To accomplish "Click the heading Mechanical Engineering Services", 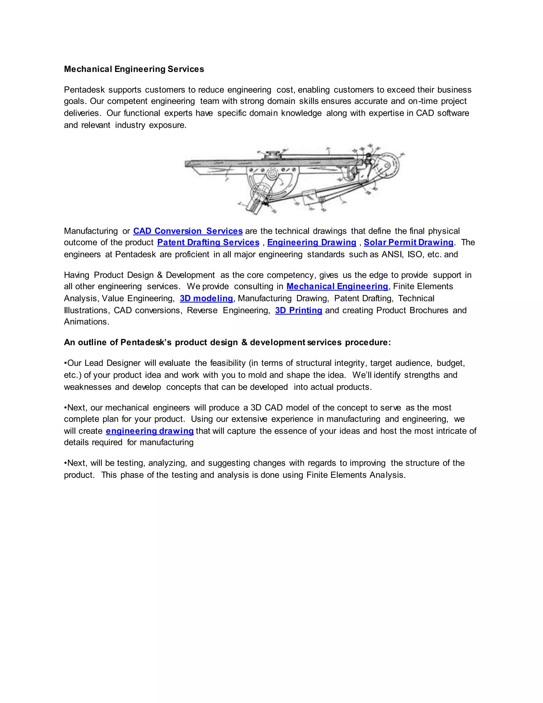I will tap(134, 69).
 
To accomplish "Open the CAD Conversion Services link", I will tap(188, 231).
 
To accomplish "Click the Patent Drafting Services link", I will tap(208, 242).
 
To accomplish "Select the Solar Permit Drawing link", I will tap(409, 242).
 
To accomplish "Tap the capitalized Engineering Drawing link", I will tap(312, 242).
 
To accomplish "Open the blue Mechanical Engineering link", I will tap(337, 287).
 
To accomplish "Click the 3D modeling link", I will tap(206, 298).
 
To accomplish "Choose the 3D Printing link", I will tap(299, 310).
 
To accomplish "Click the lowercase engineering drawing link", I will tap(150, 431).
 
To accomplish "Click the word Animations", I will tap(86, 322).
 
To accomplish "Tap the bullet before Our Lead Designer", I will tap(65, 363).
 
